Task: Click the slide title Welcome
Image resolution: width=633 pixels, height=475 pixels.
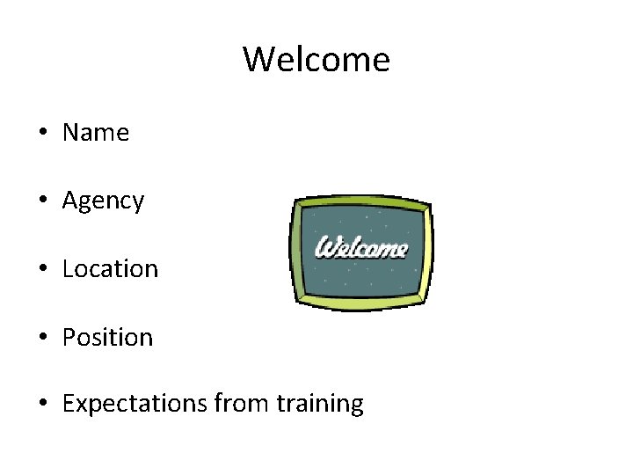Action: (316, 60)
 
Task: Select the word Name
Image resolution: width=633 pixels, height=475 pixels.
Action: (96, 133)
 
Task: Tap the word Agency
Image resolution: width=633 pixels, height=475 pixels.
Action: (103, 201)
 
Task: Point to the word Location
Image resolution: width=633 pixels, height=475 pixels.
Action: (110, 269)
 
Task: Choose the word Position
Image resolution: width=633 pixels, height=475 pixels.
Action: (107, 338)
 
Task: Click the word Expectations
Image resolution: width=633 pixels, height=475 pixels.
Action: (135, 405)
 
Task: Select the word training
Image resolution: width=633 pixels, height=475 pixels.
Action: (320, 405)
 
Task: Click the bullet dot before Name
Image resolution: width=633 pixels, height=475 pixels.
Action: (42, 134)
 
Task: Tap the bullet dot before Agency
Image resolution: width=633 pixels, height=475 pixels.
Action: (42, 201)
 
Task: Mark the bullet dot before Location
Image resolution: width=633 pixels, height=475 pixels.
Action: (42, 269)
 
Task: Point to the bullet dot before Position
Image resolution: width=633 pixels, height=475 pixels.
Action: (42, 338)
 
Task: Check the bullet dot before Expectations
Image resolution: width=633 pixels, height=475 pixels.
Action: (42, 405)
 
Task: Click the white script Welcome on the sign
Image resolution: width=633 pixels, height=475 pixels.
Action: (361, 247)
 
